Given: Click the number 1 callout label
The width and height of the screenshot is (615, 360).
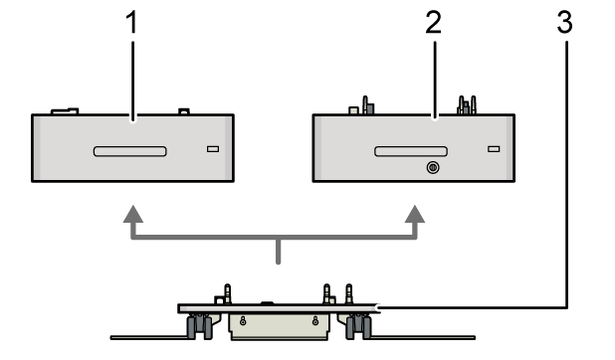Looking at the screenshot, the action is coord(132,24).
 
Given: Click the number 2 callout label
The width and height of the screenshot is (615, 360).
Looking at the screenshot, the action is coord(432,24).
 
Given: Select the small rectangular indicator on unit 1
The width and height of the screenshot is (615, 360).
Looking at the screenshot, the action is coord(212,149).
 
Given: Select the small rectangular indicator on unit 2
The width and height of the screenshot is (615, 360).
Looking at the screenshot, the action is coord(494,149).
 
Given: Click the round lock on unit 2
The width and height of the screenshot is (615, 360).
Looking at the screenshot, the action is coord(431,168).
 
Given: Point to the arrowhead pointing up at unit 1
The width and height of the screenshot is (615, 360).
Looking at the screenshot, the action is coord(131,215).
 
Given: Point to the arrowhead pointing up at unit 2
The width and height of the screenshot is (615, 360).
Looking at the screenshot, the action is coord(415,215).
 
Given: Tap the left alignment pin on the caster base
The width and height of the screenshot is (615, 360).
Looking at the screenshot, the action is coord(228,294).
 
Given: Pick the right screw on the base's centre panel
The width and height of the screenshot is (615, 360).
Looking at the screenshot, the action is coord(315,320).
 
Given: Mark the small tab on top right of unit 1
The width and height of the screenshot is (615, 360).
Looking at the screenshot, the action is coord(183,112).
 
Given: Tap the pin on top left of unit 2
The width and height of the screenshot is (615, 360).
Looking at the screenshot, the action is coord(366,105).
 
